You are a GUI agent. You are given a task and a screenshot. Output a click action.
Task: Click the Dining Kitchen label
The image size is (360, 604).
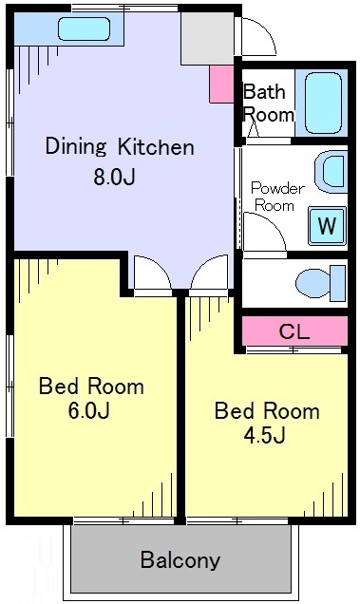(x=120, y=147)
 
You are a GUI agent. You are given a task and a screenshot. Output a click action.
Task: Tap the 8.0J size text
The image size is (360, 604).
(x=114, y=178)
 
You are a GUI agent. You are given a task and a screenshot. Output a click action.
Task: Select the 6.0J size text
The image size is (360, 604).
(x=89, y=410)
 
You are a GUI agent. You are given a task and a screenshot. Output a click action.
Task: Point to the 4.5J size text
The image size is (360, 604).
(x=264, y=435)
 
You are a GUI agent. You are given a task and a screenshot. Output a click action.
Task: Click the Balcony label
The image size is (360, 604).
(x=180, y=559)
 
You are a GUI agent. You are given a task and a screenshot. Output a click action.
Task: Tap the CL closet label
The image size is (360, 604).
(x=294, y=331)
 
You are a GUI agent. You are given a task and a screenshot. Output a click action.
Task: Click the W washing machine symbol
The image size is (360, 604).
(x=327, y=226)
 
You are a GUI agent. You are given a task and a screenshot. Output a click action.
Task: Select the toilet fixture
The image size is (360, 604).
(x=321, y=283)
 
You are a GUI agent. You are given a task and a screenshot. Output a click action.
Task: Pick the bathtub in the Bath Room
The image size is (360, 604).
(x=323, y=103)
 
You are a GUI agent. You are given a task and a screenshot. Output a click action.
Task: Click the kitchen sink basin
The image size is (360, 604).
(x=85, y=28)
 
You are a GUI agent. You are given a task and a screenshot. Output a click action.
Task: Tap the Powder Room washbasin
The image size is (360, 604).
(x=332, y=172)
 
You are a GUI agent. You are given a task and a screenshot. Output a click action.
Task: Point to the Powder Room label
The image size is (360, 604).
(x=277, y=197)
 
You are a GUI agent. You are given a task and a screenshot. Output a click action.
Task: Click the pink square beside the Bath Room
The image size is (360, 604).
(x=221, y=84)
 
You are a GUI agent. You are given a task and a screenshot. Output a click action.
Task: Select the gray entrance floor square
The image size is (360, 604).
(x=207, y=38)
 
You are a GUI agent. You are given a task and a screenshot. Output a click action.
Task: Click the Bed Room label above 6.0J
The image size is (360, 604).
(x=91, y=386)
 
